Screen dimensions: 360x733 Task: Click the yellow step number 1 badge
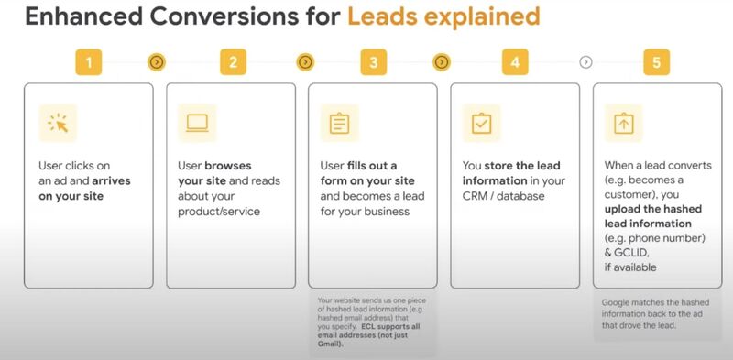pyautogui.click(x=89, y=62)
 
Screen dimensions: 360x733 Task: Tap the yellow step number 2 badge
pyautogui.click(x=233, y=62)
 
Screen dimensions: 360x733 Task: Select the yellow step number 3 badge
pyautogui.click(x=373, y=62)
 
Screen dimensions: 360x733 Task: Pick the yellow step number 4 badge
pyautogui.click(x=515, y=62)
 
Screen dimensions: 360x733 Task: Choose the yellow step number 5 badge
pyautogui.click(x=656, y=62)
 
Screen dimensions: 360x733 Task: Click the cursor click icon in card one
pyautogui.click(x=58, y=124)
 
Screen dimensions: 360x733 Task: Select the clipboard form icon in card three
pyautogui.click(x=339, y=123)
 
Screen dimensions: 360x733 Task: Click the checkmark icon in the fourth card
pyautogui.click(x=481, y=124)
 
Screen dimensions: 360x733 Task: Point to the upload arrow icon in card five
pyautogui.click(x=624, y=123)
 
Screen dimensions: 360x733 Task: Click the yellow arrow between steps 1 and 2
pyautogui.click(x=158, y=62)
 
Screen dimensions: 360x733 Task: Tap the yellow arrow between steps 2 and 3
pyautogui.click(x=305, y=62)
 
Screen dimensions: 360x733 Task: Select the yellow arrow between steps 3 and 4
pyautogui.click(x=442, y=62)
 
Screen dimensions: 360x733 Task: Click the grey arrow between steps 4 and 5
pyautogui.click(x=586, y=62)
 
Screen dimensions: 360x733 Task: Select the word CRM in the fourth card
pyautogui.click(x=480, y=196)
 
